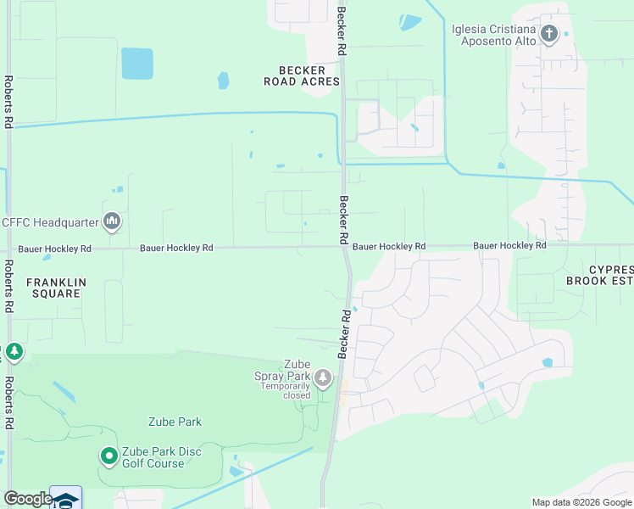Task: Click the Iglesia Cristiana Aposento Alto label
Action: tap(496, 34)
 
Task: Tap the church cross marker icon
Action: tap(549, 35)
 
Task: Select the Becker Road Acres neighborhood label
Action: tap(309, 76)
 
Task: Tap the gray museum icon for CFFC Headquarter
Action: tap(112, 222)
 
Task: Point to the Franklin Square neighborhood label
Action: tap(53, 288)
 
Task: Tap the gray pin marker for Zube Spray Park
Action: tap(323, 378)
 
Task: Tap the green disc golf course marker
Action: tap(108, 456)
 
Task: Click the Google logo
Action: tap(28, 499)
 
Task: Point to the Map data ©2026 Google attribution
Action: tap(581, 502)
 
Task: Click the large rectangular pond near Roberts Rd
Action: tap(136, 64)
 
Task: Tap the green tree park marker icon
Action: tap(14, 351)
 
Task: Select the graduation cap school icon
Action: tap(66, 500)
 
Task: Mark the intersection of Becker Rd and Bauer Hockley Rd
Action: tap(344, 248)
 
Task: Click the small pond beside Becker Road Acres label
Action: tap(223, 81)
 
